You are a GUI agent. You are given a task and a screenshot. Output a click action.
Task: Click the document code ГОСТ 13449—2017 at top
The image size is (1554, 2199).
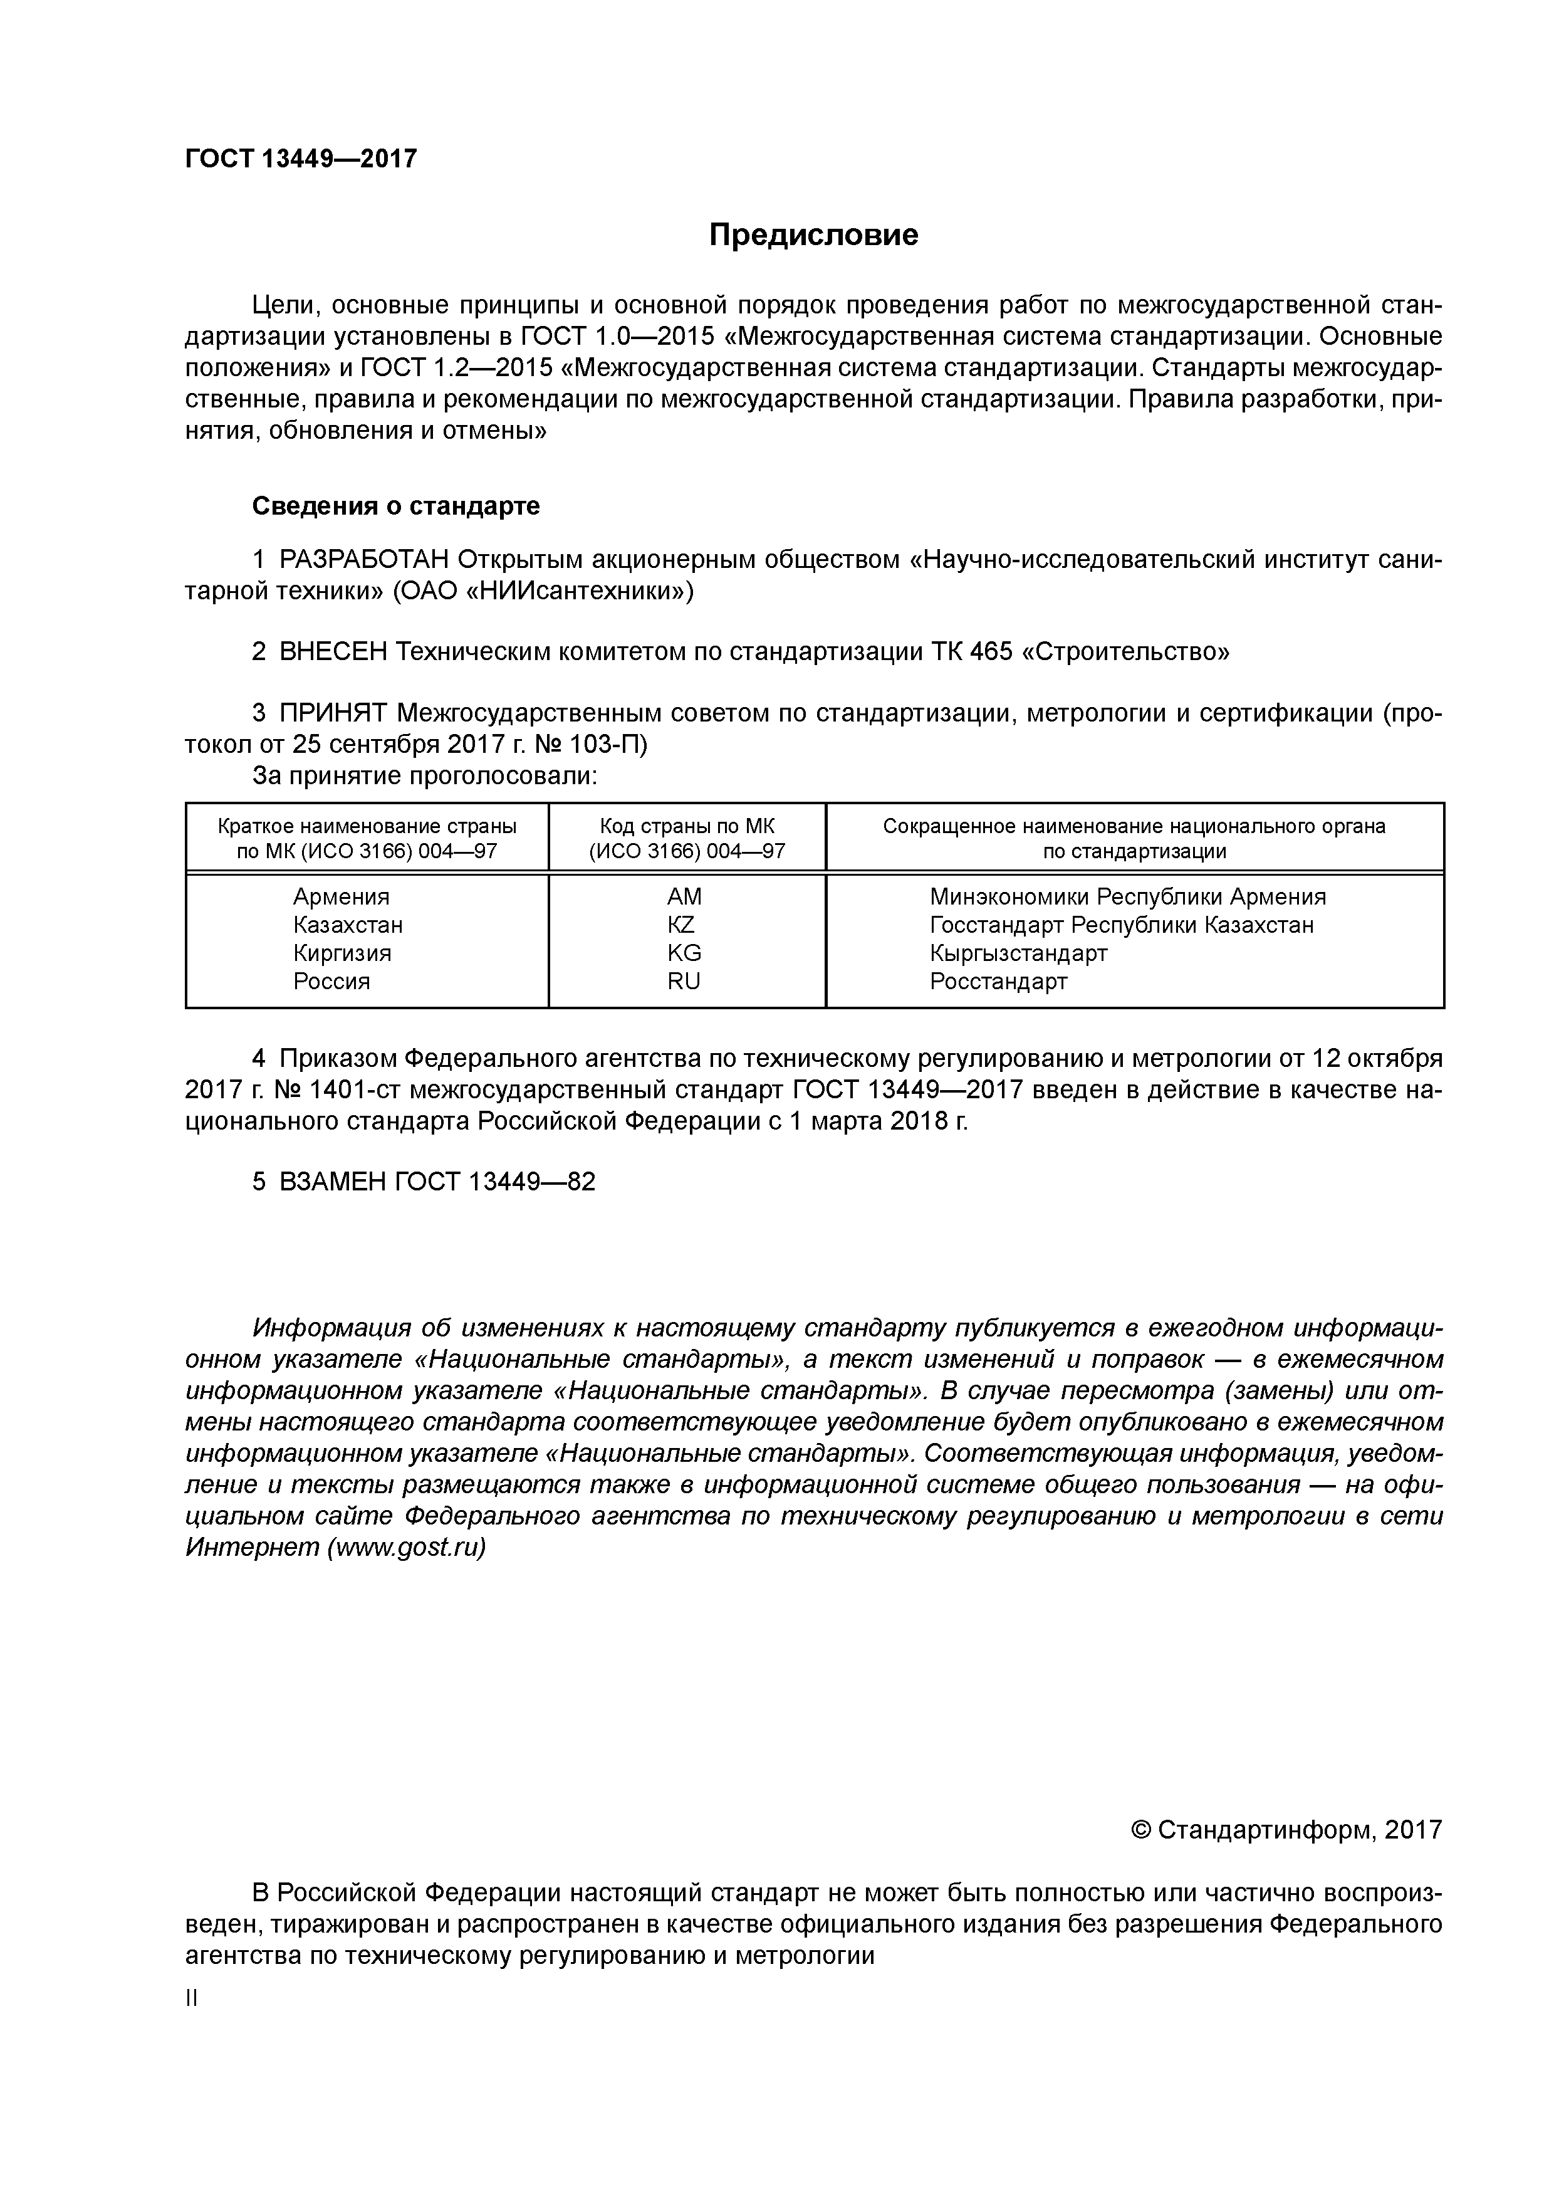tap(301, 159)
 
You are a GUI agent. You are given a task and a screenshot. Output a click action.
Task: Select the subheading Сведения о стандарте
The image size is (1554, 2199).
tap(395, 506)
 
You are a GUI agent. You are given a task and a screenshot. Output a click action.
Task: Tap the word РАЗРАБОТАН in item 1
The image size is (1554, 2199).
tap(363, 560)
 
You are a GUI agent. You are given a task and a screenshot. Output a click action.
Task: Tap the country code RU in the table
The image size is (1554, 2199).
tap(684, 982)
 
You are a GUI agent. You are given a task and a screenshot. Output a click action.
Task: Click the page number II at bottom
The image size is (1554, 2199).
tap(192, 1999)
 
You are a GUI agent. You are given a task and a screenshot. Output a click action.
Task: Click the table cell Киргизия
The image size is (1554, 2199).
tap(342, 954)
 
